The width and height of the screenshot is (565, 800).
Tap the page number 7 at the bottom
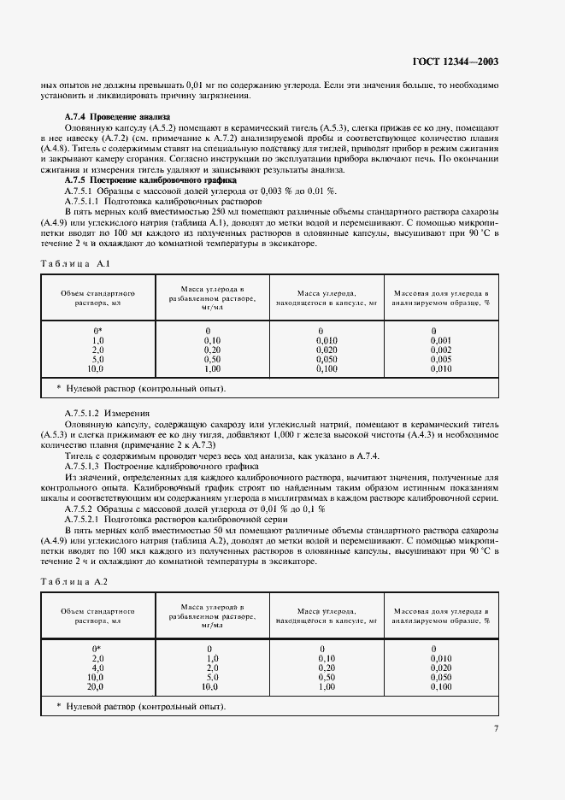(x=497, y=729)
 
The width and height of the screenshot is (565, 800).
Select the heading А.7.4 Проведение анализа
(x=118, y=116)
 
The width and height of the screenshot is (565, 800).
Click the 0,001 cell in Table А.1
(x=441, y=339)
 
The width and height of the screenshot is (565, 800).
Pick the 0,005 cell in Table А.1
(x=441, y=359)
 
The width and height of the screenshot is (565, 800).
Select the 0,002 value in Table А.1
(x=441, y=350)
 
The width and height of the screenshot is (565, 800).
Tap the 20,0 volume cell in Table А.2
(x=96, y=686)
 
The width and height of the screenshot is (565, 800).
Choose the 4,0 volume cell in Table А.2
(x=97, y=668)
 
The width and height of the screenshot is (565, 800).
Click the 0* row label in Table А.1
(x=97, y=330)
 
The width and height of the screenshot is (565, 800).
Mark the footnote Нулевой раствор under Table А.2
(x=141, y=707)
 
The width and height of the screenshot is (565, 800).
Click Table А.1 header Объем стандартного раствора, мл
(x=97, y=297)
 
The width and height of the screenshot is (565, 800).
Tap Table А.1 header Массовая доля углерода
(x=440, y=297)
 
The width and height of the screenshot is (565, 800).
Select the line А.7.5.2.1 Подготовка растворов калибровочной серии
(x=168, y=520)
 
